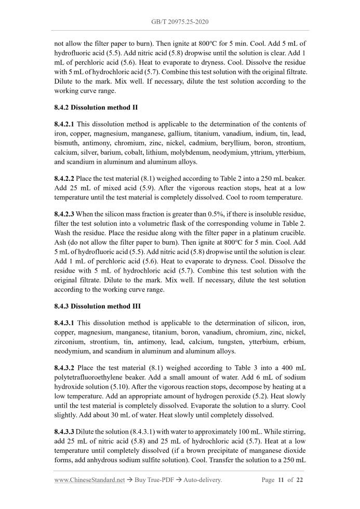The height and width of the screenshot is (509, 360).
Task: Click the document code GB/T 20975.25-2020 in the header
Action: pos(180,22)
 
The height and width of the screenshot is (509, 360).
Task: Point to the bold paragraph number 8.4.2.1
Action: pos(64,124)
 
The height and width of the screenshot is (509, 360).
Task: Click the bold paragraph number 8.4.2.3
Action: pos(64,213)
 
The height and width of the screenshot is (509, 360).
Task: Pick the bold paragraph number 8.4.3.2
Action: pos(64,367)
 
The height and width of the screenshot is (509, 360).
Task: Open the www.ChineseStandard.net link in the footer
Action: pos(89,480)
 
